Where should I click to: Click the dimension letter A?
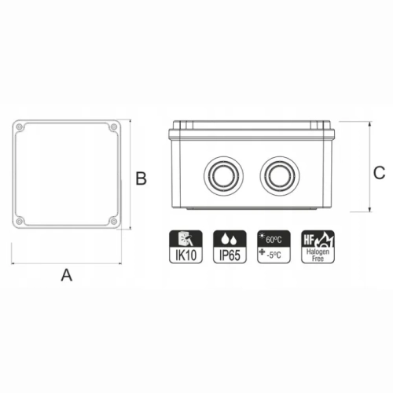point(67,275)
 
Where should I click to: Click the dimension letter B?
point(141,178)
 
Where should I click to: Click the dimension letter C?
point(379,173)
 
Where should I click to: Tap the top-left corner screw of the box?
point(19,127)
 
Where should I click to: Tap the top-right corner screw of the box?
point(114,127)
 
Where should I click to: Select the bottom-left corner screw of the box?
point(19,222)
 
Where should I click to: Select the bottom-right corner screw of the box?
point(114,222)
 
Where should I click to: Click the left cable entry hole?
point(223,176)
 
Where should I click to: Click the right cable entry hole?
point(280,176)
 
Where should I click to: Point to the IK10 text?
point(185,255)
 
